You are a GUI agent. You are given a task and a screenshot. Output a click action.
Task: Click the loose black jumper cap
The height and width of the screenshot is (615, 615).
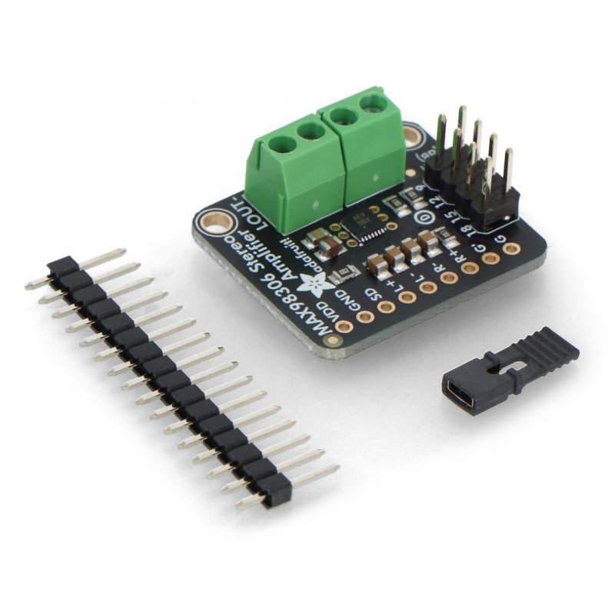[x=510, y=371]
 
